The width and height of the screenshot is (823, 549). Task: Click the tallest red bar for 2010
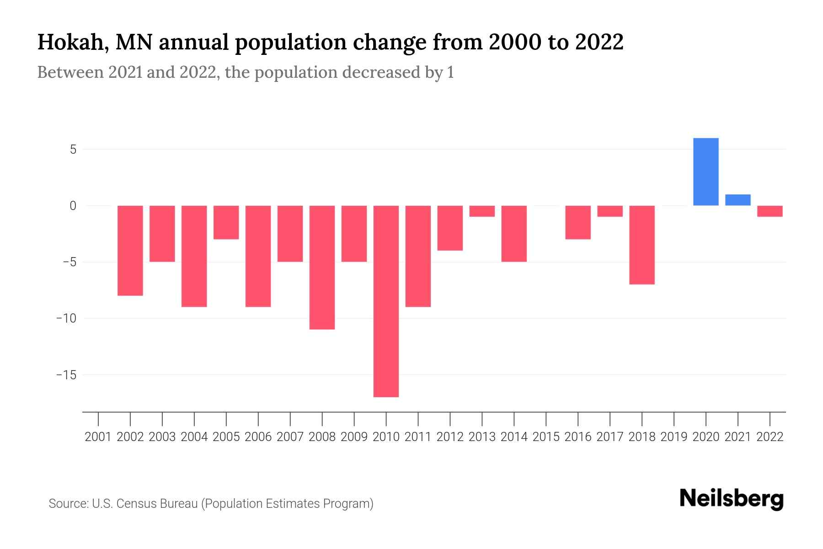386,301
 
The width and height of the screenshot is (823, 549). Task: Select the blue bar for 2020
705,172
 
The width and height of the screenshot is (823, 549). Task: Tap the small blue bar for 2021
737,200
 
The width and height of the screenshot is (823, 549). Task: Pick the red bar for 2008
322,267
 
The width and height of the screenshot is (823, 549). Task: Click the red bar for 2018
641,245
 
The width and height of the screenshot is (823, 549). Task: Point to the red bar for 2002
130,250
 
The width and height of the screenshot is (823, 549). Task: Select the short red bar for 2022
770,211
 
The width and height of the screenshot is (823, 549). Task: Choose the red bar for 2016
577,222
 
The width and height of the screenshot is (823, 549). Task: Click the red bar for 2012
450,228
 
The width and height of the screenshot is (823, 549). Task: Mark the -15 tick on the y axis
66,375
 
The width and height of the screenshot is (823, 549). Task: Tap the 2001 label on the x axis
98,437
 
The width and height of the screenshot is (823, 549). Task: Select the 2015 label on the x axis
546,437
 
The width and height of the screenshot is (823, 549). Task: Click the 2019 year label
673,437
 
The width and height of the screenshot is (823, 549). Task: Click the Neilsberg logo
731,499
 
